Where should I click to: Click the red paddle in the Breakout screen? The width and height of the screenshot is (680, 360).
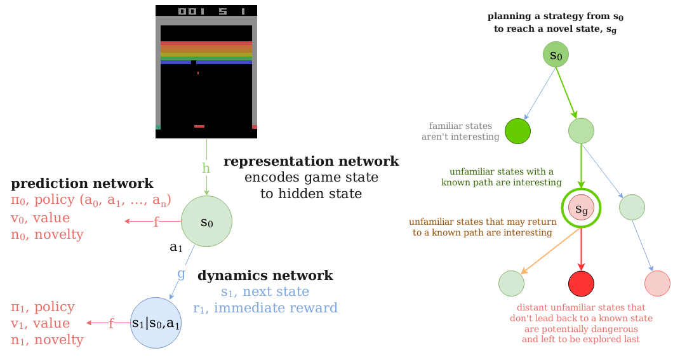click(x=199, y=126)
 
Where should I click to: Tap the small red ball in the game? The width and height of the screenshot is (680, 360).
click(x=198, y=73)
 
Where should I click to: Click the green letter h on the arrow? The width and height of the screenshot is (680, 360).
click(x=206, y=168)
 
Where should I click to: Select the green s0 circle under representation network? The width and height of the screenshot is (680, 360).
click(x=206, y=221)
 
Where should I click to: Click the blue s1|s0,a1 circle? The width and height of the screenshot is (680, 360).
click(x=156, y=323)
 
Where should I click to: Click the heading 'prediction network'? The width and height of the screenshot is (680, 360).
click(x=82, y=183)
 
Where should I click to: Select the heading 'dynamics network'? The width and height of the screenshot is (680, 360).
click(x=265, y=276)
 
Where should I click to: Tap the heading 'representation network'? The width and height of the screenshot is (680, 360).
click(x=311, y=161)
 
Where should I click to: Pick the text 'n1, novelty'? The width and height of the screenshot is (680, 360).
click(x=47, y=340)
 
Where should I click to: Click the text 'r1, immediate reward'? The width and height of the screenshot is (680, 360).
click(x=265, y=308)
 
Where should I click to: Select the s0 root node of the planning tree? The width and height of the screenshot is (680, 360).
click(x=556, y=55)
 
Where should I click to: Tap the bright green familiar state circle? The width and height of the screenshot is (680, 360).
click(x=518, y=131)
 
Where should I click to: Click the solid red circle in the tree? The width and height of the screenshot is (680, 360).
click(x=581, y=284)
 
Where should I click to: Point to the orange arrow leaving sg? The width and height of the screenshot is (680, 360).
click(x=550, y=251)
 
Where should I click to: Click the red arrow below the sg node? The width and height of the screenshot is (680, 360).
click(x=581, y=249)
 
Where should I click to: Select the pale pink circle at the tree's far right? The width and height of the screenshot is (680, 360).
click(x=657, y=284)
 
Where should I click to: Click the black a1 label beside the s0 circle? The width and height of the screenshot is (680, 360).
click(x=176, y=247)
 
